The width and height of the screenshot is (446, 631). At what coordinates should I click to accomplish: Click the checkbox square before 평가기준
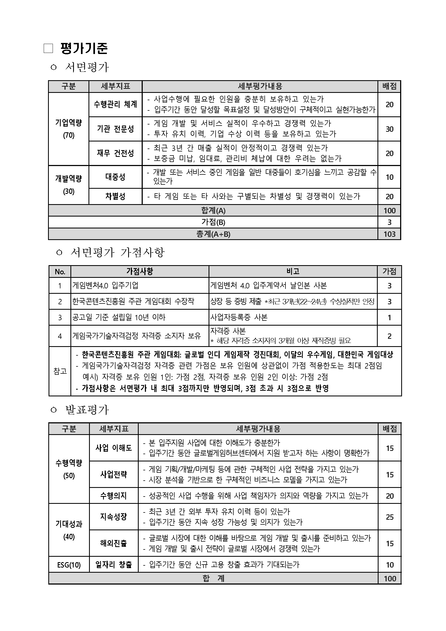click(48, 49)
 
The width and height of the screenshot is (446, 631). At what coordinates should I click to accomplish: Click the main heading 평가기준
click(84, 49)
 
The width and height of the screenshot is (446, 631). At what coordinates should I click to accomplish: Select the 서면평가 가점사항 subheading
click(117, 252)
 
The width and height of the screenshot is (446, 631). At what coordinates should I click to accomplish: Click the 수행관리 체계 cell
click(115, 104)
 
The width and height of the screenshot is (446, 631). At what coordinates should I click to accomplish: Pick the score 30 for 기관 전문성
click(389, 129)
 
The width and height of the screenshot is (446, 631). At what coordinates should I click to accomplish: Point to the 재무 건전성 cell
click(115, 153)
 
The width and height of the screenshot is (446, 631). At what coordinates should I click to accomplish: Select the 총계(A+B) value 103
click(389, 234)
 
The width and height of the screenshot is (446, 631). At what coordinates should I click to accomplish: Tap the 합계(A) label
click(213, 211)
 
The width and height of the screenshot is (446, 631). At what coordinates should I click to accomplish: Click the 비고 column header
click(293, 271)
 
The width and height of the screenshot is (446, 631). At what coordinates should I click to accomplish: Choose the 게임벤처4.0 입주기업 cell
click(105, 286)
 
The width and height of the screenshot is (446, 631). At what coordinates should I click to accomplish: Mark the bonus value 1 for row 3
click(389, 318)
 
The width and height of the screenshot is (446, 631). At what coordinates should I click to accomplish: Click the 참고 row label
click(60, 371)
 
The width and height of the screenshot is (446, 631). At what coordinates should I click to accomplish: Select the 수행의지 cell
click(113, 495)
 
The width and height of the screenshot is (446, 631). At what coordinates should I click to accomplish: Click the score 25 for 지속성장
click(389, 517)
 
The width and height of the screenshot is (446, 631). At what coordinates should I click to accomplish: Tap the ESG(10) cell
click(69, 565)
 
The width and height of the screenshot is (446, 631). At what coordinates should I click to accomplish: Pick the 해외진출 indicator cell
click(113, 543)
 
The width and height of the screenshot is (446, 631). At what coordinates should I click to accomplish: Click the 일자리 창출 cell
click(113, 565)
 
